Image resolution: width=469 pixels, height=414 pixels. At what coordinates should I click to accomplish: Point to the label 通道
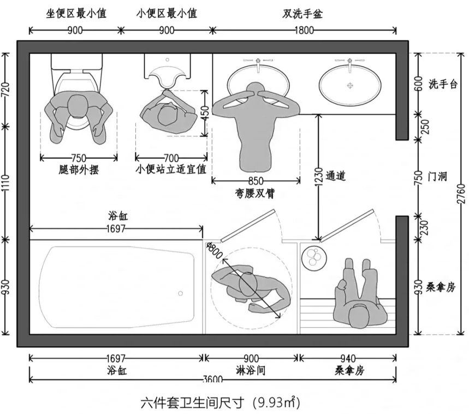point(336,176)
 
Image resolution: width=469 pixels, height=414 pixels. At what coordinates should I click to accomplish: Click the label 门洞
point(438,176)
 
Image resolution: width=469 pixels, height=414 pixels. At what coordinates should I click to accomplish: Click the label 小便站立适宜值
point(170,169)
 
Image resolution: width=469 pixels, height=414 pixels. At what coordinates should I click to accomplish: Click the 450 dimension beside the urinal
point(205,113)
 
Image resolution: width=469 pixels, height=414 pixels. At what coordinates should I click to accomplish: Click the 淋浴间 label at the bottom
point(251,370)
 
